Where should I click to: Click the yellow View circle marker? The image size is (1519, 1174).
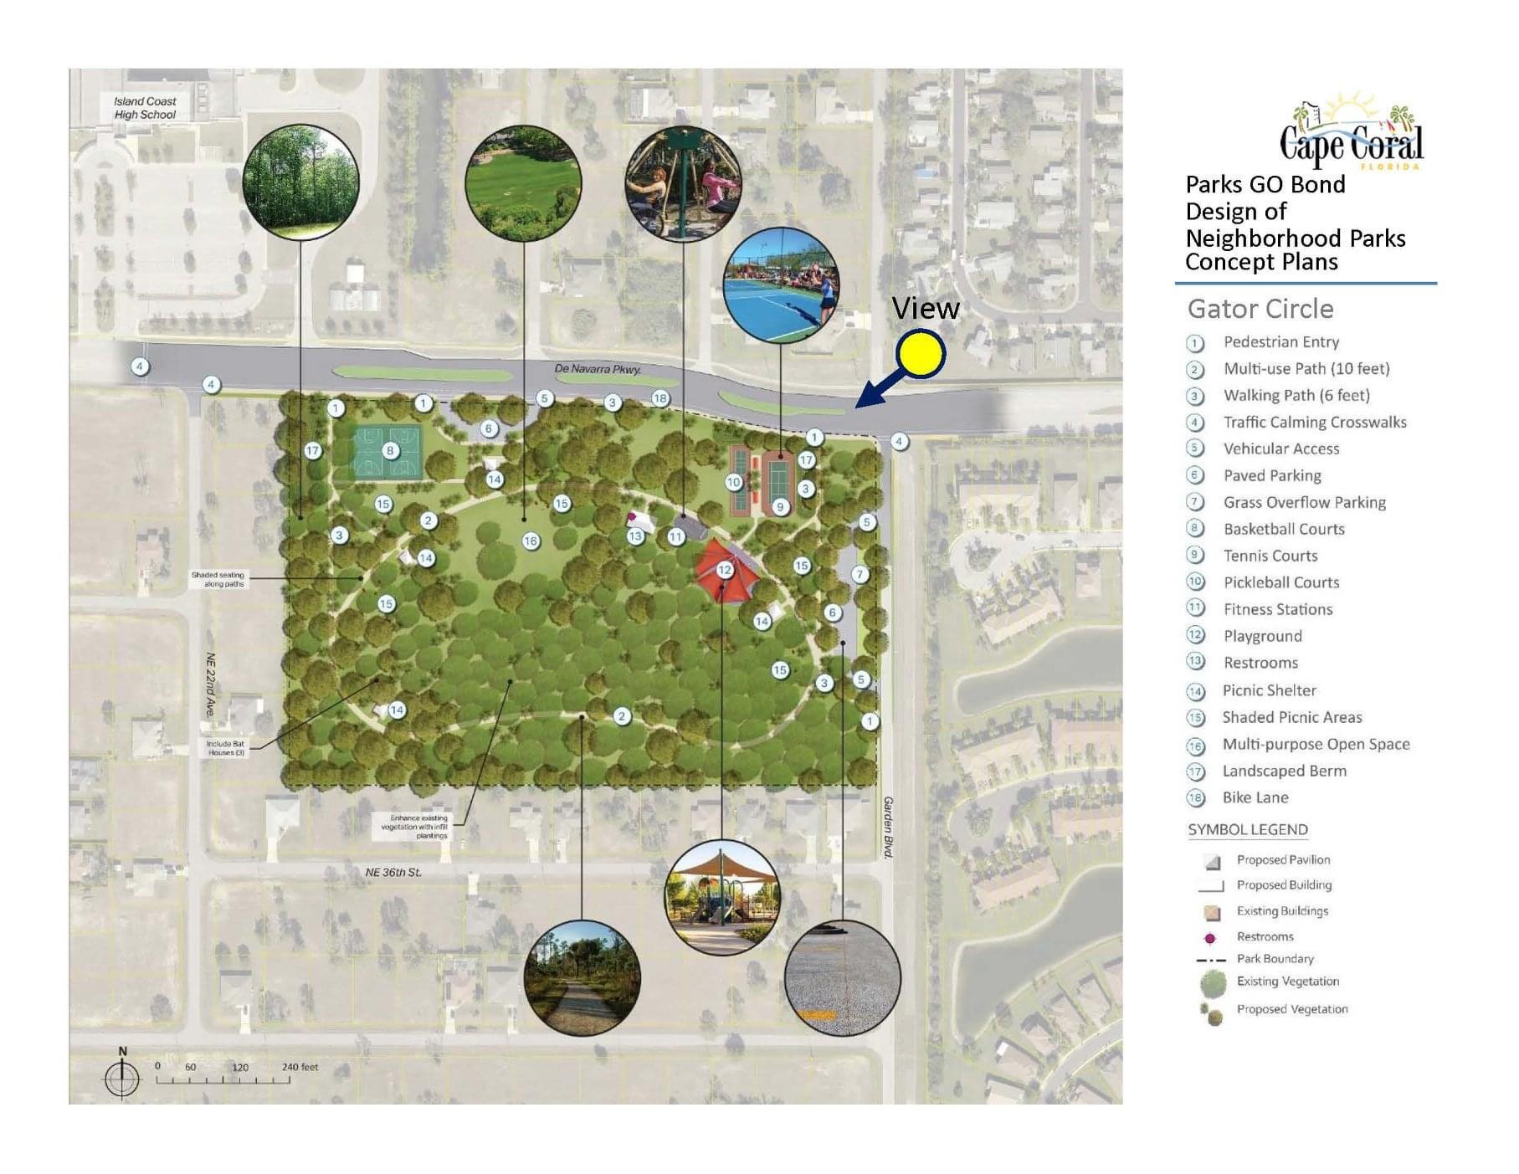[920, 353]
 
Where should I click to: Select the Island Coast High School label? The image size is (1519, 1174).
[145, 108]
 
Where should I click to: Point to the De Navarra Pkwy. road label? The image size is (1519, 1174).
[598, 369]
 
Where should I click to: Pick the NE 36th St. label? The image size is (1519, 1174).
[393, 872]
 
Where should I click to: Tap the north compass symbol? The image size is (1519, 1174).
[122, 1076]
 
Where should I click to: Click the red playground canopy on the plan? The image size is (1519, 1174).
[725, 571]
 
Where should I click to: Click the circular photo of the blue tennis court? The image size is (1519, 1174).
[780, 285]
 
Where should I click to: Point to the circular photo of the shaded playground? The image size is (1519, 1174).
[721, 898]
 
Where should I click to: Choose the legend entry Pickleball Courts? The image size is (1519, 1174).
[1280, 582]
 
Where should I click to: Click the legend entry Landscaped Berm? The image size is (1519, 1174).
[1284, 771]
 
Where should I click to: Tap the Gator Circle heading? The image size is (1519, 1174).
[1260, 309]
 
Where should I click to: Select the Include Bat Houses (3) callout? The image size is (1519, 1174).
[226, 748]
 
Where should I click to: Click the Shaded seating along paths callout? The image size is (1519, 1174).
[218, 579]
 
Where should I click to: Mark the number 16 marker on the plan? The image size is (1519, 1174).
[530, 541]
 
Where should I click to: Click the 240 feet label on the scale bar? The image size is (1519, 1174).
[300, 1067]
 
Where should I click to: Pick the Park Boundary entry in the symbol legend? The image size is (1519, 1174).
[1275, 959]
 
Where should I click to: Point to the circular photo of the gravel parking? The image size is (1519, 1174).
[842, 977]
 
